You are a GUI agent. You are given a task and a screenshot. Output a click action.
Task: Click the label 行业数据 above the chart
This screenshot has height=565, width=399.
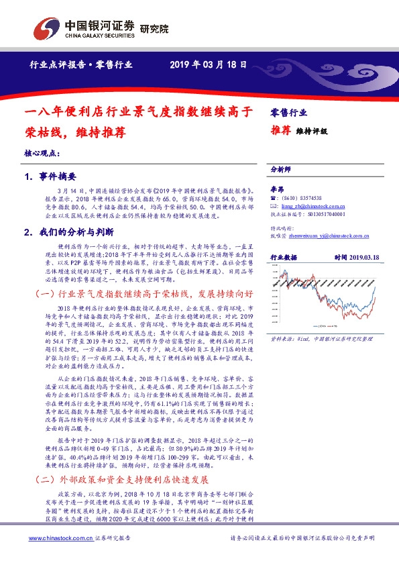pos(283,257)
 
